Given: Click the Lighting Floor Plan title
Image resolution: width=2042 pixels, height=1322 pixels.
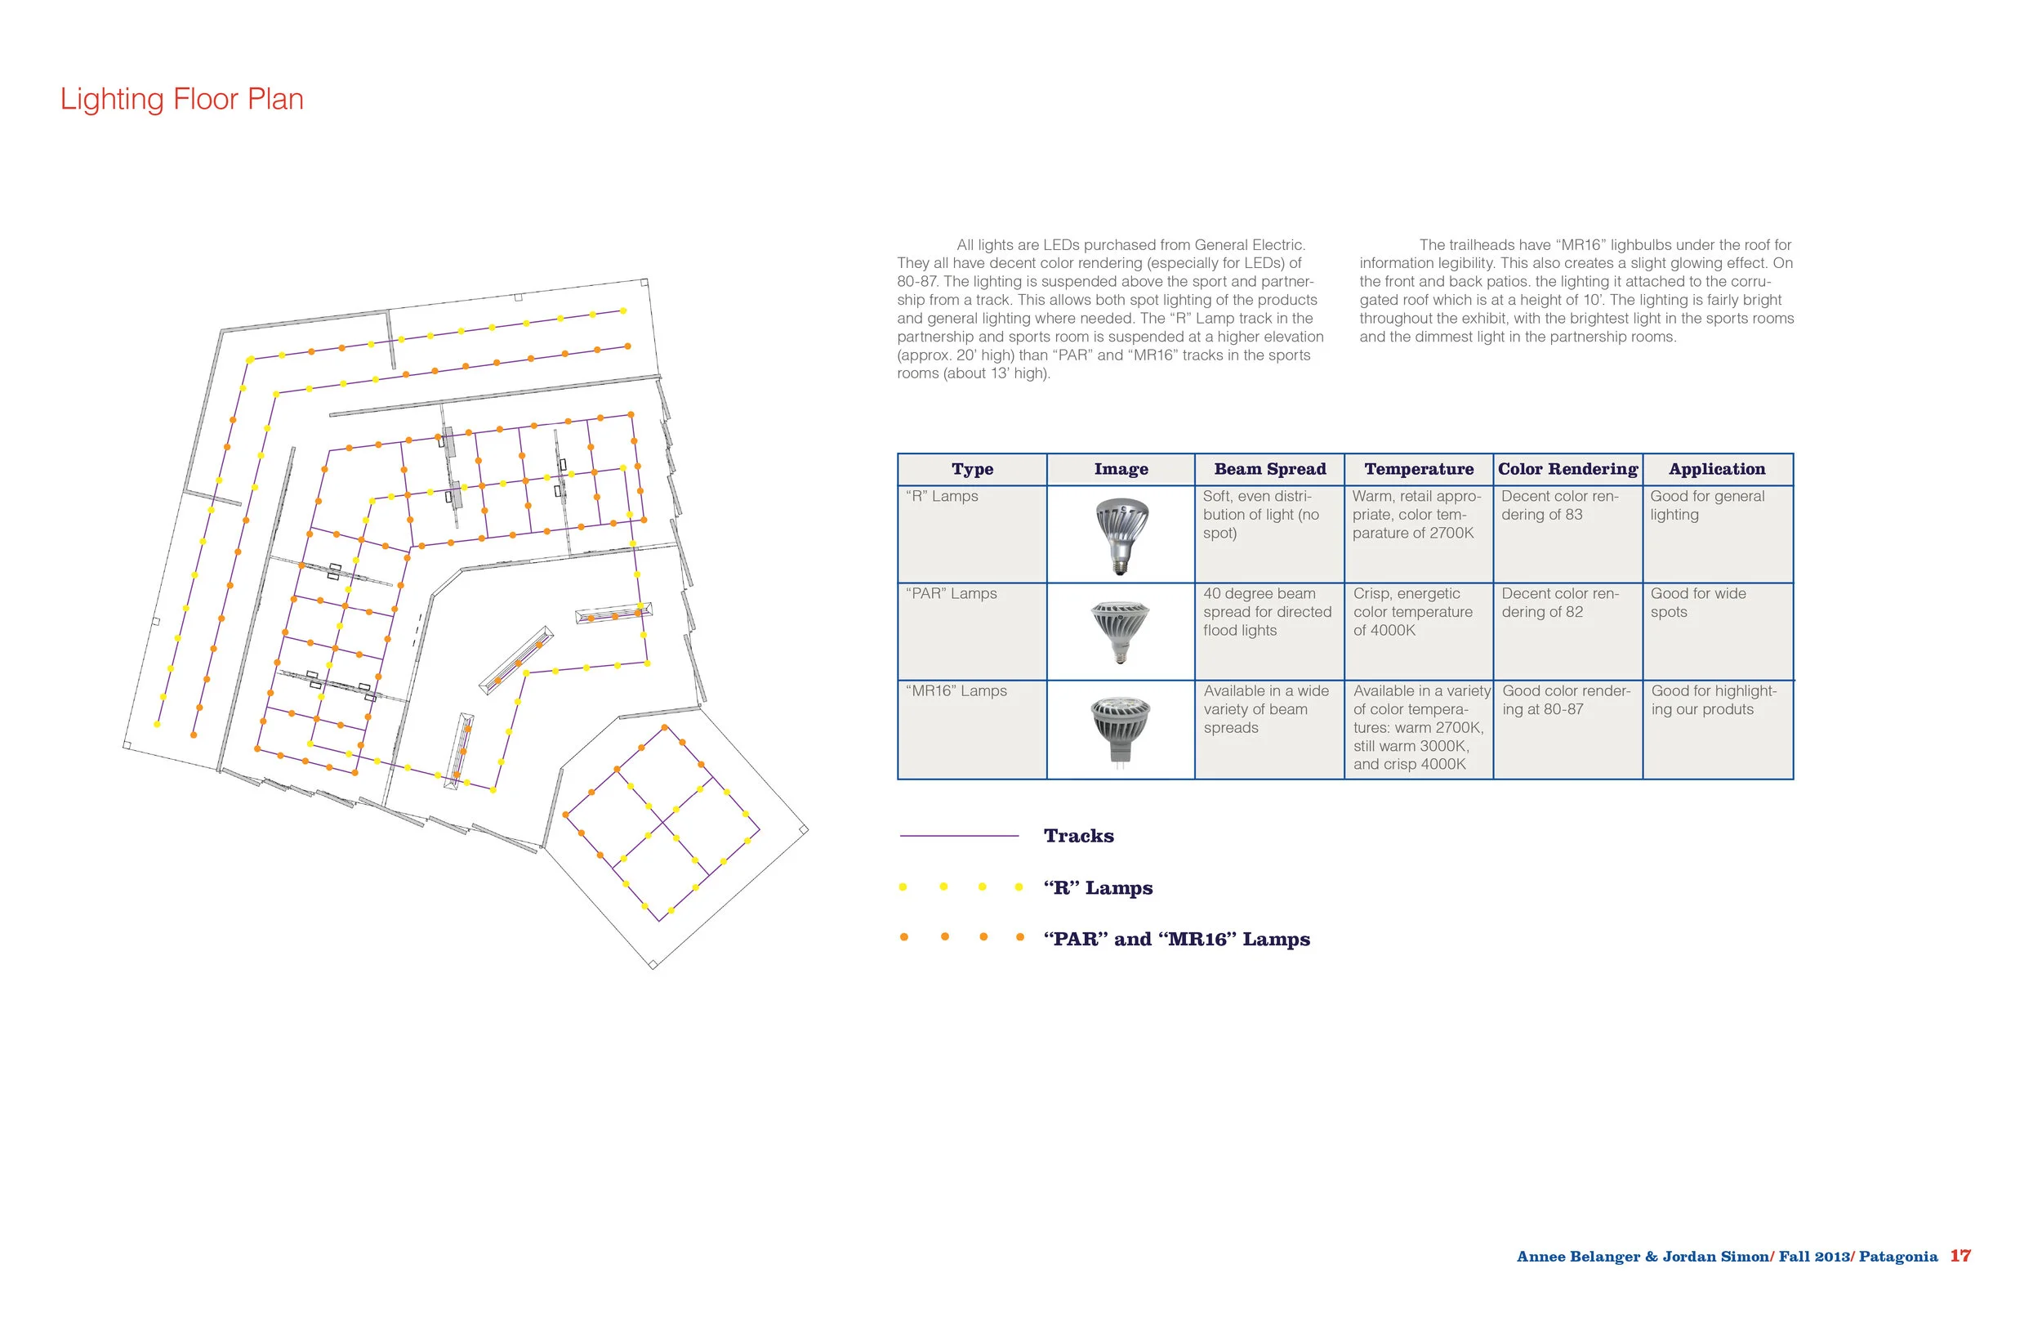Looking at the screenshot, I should [182, 99].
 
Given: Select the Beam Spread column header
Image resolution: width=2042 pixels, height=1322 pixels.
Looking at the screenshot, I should [1270, 469].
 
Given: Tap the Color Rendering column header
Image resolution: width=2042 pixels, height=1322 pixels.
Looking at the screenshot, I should [1567, 469].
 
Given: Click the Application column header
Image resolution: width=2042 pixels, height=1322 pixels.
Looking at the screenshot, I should [1717, 469].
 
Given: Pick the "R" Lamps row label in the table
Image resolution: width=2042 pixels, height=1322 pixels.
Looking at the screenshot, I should [942, 496].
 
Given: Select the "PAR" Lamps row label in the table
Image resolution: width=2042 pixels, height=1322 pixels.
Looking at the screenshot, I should [952, 593].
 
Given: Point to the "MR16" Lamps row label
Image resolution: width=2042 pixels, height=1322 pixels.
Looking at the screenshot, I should [956, 691].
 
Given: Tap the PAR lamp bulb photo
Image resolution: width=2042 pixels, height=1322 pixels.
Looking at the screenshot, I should [1121, 632].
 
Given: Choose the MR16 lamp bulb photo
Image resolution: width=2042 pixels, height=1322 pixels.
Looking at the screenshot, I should [1121, 730].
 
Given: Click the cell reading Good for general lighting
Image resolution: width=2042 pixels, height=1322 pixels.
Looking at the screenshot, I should [1707, 506].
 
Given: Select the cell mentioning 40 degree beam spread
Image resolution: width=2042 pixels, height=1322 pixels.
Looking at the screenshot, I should [1267, 612].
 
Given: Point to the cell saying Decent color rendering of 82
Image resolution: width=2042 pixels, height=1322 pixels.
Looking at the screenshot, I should [1560, 603].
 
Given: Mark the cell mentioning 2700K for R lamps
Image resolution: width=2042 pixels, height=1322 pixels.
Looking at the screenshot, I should [1416, 514].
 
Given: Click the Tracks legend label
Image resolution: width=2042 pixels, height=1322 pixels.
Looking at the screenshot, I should [1078, 836].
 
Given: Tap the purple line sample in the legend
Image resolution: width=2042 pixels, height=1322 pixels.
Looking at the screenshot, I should [958, 835].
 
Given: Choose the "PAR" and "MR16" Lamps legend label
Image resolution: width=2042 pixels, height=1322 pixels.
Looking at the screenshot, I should [1176, 939].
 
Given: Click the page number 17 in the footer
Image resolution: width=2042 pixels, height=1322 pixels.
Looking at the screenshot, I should [1960, 1256].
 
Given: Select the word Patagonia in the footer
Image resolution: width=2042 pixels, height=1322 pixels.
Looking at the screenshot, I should [1898, 1257].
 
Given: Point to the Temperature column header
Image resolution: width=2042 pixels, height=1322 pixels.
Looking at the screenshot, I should [1419, 469].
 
